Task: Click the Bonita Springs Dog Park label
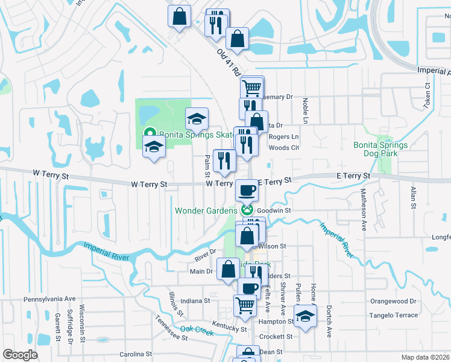[389, 149]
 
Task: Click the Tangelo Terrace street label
[394, 316]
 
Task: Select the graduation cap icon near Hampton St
[306, 316]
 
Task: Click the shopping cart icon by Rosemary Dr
[251, 87]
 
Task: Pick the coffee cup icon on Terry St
[247, 190]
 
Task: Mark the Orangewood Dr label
[393, 301]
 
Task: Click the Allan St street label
[413, 198]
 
